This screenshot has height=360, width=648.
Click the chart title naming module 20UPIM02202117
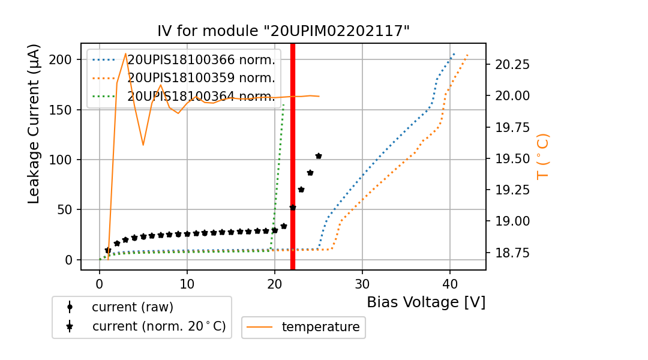click(283, 32)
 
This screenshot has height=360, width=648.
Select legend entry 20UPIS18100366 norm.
click(201, 60)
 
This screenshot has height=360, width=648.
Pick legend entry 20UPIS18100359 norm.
click(201, 78)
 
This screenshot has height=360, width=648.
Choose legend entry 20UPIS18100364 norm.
click(201, 96)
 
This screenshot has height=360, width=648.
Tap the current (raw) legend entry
click(132, 307)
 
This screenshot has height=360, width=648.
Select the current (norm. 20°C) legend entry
click(158, 326)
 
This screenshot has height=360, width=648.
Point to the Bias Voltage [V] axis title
click(426, 302)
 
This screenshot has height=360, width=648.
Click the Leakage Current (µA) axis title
click(34, 123)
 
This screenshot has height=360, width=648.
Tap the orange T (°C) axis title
click(543, 156)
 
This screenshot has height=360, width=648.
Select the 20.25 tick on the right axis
click(509, 64)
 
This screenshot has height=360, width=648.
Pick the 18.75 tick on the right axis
click(509, 253)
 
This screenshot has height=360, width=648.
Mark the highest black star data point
click(319, 156)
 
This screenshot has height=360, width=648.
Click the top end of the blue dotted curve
click(454, 53)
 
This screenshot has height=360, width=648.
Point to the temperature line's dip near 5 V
click(143, 145)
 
